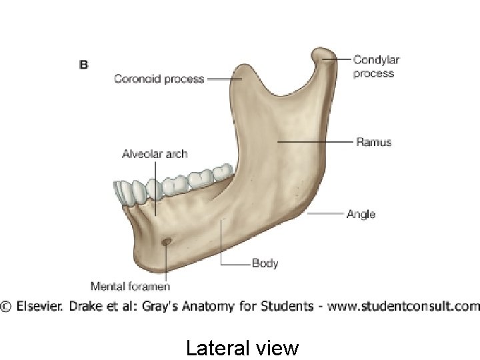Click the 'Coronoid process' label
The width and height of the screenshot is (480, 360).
click(x=159, y=79)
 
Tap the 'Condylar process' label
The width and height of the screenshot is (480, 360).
click(x=376, y=67)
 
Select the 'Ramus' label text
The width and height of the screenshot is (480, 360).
click(x=373, y=142)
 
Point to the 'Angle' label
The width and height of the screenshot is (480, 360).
click(x=361, y=214)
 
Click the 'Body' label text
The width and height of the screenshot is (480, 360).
click(x=265, y=263)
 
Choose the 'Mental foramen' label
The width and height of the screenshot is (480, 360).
click(x=130, y=287)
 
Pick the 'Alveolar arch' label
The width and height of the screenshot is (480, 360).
click(x=155, y=154)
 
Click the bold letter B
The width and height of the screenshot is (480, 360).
click(x=84, y=65)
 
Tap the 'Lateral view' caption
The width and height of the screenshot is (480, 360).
click(x=242, y=348)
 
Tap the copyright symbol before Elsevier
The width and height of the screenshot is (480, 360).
click(x=6, y=307)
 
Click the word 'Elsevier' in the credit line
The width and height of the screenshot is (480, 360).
click(x=41, y=307)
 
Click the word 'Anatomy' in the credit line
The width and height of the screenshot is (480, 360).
click(x=223, y=307)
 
